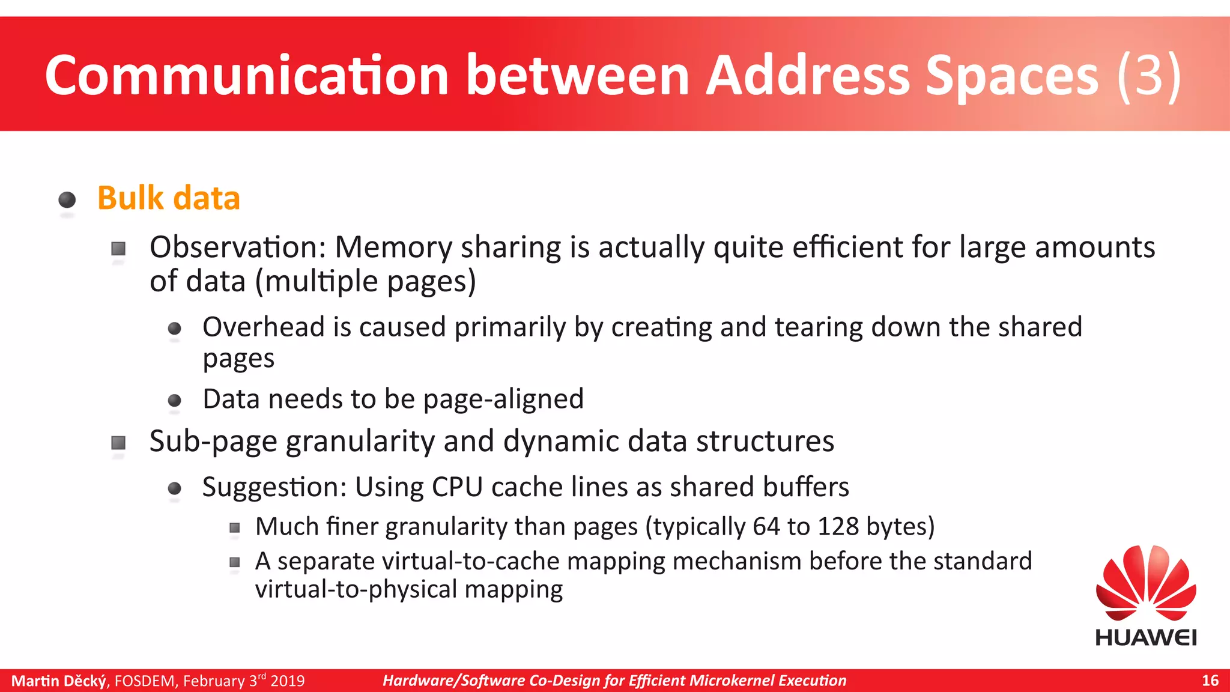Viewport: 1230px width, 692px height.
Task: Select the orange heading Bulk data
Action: (x=169, y=198)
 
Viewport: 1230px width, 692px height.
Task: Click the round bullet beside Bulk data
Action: (x=67, y=199)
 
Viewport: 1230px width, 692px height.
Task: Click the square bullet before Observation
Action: (x=118, y=248)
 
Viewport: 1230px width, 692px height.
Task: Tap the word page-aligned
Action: (x=503, y=399)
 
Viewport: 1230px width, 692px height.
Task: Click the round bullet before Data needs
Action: (x=175, y=401)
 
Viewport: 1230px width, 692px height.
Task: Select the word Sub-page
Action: (x=213, y=442)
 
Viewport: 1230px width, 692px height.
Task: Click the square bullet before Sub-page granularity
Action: (x=118, y=443)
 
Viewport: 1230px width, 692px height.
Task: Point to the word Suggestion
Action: (x=274, y=487)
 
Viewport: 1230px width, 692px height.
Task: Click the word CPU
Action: (x=457, y=487)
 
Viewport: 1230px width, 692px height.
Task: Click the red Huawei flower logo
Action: (x=1146, y=583)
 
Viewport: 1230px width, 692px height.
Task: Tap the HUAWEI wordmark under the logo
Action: (x=1146, y=637)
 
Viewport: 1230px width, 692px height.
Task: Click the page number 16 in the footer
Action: (x=1210, y=681)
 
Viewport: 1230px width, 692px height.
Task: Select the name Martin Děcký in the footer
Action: (x=59, y=681)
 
